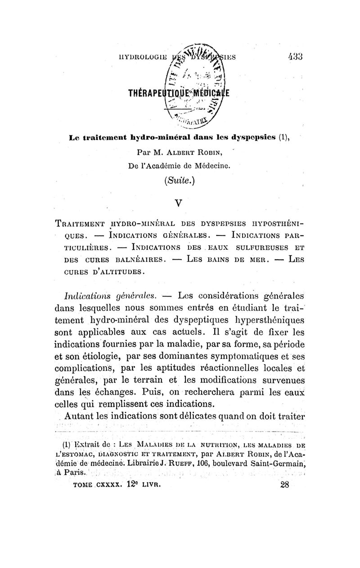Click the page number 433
296,57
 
